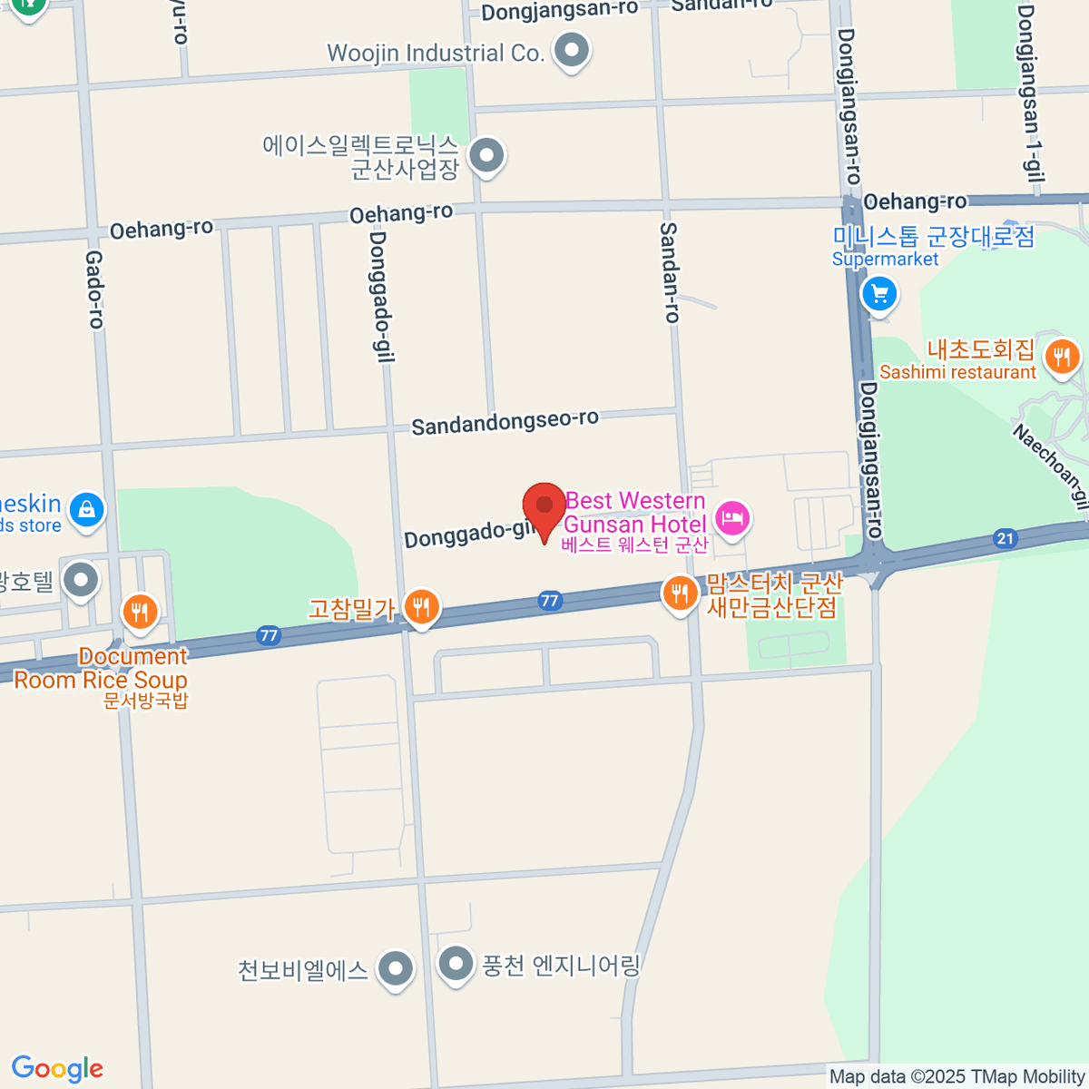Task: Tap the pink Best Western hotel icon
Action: (731, 519)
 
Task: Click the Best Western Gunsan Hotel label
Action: (634, 513)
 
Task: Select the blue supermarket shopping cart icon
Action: (878, 294)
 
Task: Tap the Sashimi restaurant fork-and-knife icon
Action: (1061, 356)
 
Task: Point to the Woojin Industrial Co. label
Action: (435, 54)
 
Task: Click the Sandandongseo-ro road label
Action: (505, 422)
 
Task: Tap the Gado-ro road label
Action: (94, 289)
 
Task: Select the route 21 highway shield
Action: (1005, 539)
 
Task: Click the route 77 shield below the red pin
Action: (549, 601)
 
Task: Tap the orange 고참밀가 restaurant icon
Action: (421, 605)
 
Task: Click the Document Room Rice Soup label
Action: (101, 669)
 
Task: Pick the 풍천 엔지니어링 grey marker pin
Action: (456, 965)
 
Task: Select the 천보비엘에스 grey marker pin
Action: (395, 968)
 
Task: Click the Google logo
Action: (57, 1069)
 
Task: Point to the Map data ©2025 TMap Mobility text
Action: (957, 1077)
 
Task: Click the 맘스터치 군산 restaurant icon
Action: (679, 594)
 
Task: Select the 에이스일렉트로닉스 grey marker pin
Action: (487, 155)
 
